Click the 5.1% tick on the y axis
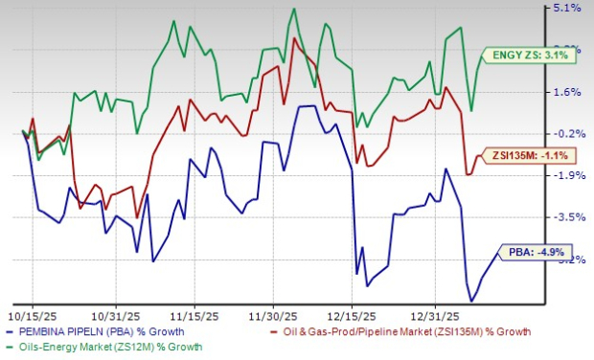click(567, 9)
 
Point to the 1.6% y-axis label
click(567, 92)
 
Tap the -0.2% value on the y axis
click(567, 134)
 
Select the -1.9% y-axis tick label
click(567, 175)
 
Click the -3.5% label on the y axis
click(567, 217)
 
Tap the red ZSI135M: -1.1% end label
click(524, 155)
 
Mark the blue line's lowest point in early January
click(472, 302)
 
